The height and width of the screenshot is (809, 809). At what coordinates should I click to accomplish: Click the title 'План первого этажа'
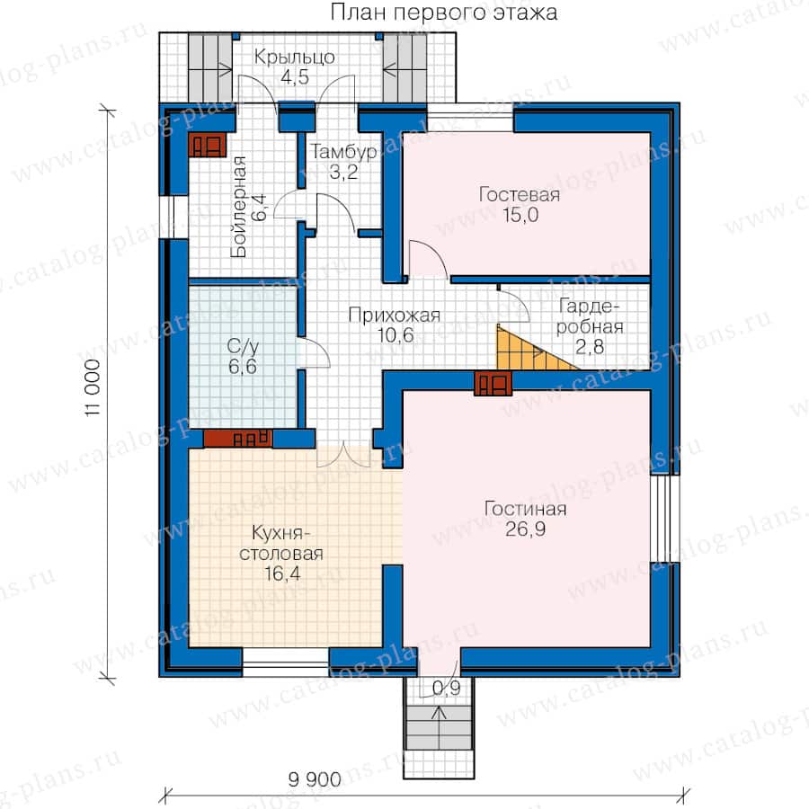[444, 13]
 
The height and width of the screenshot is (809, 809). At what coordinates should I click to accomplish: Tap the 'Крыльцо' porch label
[295, 58]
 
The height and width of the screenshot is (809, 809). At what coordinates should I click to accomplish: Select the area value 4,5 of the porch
[295, 77]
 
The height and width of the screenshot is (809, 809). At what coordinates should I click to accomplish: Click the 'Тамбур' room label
[343, 152]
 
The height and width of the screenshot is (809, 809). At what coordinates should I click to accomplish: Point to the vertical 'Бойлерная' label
[238, 207]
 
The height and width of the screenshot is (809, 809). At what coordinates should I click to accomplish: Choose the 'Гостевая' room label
[519, 195]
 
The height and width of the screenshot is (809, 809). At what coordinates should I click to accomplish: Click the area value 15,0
[520, 215]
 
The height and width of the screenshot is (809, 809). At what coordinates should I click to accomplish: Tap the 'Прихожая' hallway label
[395, 316]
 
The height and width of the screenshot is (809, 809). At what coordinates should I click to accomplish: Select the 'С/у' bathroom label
[243, 346]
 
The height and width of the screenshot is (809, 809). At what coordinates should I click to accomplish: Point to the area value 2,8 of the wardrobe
[589, 347]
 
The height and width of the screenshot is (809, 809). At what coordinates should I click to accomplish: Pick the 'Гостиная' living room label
[525, 510]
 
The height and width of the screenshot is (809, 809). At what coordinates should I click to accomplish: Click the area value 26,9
[525, 529]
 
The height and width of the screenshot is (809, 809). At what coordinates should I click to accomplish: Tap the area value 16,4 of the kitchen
[282, 573]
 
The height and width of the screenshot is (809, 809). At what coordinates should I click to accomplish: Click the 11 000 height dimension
[93, 388]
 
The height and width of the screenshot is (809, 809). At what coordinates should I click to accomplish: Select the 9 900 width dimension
[315, 779]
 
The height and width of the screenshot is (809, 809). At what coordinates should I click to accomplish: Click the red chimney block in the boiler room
[208, 145]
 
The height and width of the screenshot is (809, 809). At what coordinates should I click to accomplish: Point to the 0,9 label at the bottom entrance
[446, 688]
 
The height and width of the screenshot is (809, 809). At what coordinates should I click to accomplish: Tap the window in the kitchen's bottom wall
[285, 662]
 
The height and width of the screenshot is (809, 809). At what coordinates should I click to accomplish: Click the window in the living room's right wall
[665, 519]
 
